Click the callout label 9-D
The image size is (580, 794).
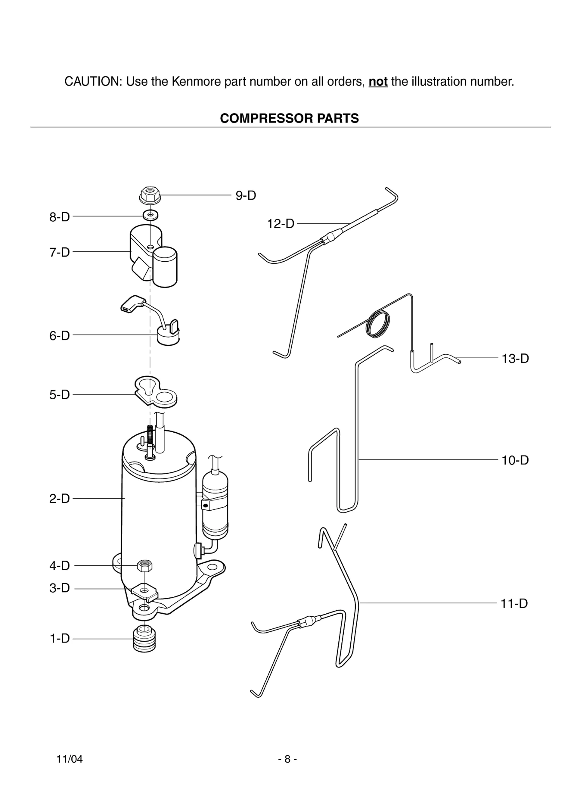246,195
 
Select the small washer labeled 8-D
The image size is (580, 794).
150,214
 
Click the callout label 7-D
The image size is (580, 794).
59,252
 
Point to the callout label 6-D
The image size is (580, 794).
59,335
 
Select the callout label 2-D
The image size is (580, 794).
59,499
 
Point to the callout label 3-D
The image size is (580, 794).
59,588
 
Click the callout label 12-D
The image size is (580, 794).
280,224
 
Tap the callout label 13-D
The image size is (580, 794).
515,359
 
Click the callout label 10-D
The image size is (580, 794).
515,460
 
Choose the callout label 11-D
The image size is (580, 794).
514,603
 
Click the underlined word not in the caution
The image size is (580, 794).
378,82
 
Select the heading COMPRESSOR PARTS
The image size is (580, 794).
289,118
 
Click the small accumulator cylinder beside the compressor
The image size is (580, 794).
215,504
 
